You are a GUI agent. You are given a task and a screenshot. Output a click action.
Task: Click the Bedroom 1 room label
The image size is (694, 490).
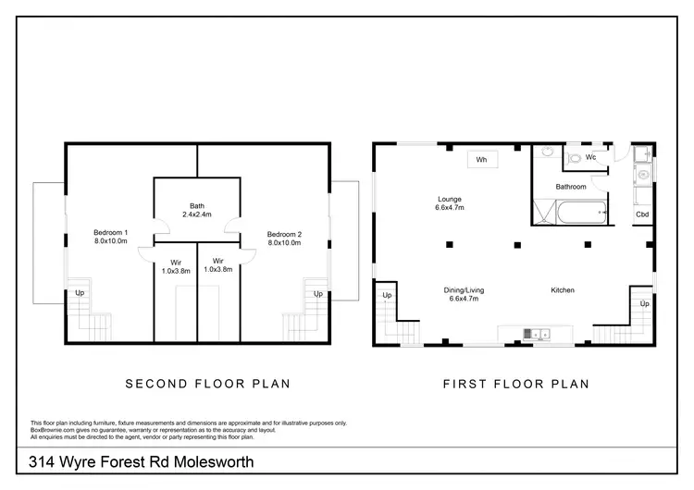click(110, 238)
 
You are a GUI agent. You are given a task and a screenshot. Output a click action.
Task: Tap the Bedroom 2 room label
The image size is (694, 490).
click(285, 238)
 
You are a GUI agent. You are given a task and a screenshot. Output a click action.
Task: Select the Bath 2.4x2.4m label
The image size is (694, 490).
click(197, 210)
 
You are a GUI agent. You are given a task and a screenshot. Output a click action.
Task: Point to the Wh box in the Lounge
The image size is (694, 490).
click(481, 160)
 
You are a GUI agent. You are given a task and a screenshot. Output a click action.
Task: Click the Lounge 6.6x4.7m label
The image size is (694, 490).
click(450, 203)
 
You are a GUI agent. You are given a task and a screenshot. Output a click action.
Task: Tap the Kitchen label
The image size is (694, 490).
click(563, 290)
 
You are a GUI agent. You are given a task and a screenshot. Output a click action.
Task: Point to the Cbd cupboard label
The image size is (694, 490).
click(642, 214)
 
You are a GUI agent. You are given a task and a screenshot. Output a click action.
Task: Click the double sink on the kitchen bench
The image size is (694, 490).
click(536, 333)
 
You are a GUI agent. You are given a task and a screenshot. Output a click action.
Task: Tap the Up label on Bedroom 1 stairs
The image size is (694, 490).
click(81, 294)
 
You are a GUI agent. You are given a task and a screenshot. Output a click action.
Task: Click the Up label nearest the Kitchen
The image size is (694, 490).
click(644, 303)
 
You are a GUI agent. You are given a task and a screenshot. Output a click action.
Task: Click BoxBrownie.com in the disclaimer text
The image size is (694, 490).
click(53, 429)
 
